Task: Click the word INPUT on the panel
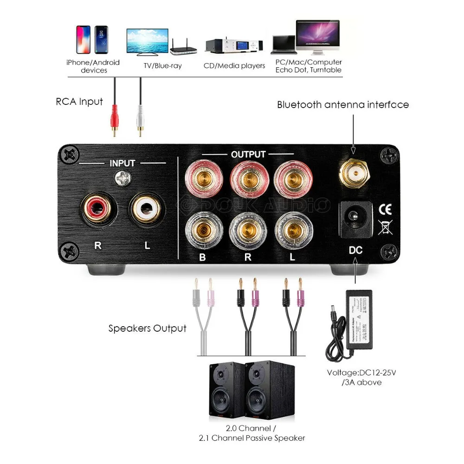point(122,163)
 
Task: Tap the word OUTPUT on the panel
point(248,155)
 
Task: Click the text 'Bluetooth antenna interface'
point(343,104)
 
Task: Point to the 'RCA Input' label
point(79,102)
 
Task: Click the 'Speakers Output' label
point(147,329)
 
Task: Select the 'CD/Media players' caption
point(234,66)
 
